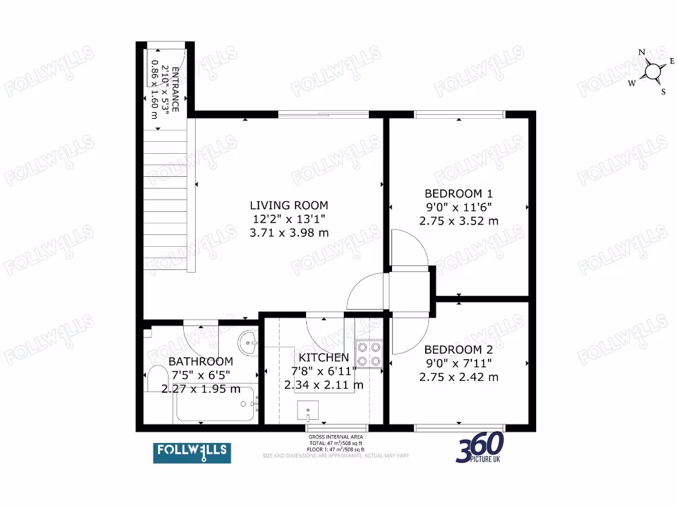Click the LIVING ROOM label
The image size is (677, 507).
point(289,205)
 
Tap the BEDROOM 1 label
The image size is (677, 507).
point(458,193)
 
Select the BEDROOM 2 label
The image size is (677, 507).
point(458,349)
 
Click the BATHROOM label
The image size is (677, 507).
point(200,361)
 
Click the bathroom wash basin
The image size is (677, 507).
point(249,341)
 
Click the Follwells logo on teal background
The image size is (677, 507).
point(192,452)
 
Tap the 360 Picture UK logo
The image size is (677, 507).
point(481,448)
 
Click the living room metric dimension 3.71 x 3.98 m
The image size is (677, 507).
point(289,232)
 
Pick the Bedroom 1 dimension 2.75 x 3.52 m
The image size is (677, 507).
point(458,221)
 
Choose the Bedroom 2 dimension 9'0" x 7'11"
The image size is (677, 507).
point(458,363)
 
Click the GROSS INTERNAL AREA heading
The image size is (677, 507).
point(335,437)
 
